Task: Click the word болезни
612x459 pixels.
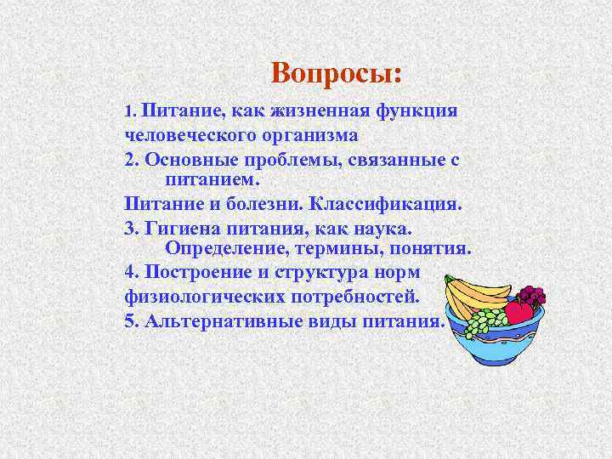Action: click(263, 204)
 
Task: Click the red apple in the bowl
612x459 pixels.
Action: click(518, 311)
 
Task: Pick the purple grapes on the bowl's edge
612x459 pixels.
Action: click(532, 295)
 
